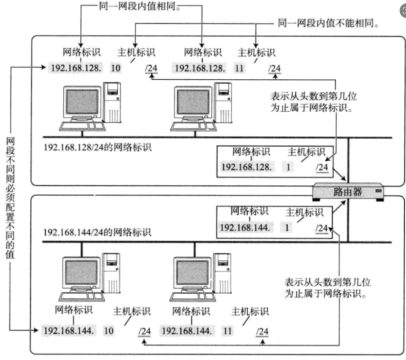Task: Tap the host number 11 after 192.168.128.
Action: click(x=239, y=68)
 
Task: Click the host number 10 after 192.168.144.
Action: click(x=109, y=330)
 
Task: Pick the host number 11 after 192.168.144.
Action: click(x=227, y=330)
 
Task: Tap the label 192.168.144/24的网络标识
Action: click(x=98, y=233)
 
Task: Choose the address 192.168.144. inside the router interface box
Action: click(x=245, y=228)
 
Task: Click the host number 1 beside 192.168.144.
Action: click(x=287, y=228)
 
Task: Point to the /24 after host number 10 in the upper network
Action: click(x=151, y=68)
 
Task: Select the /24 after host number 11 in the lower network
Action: click(x=263, y=331)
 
